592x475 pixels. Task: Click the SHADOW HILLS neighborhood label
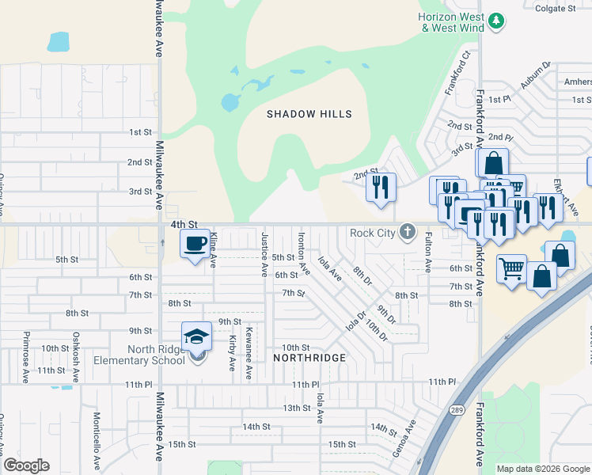(x=309, y=115)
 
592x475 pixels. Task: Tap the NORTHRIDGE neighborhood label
(x=309, y=358)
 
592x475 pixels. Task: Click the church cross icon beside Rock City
(x=407, y=232)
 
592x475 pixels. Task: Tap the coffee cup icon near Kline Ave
(x=195, y=243)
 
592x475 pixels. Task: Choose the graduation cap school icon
(x=196, y=336)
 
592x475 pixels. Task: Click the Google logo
(x=26, y=465)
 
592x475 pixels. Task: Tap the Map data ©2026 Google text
(x=543, y=469)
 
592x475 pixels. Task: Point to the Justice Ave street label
(x=264, y=255)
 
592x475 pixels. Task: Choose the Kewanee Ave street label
(x=249, y=353)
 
